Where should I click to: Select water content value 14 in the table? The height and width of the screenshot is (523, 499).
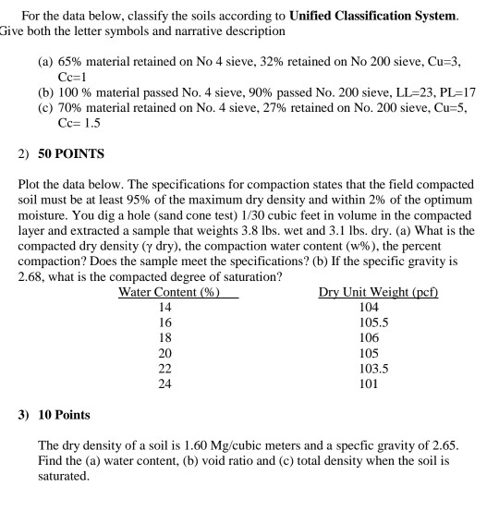coord(165,308)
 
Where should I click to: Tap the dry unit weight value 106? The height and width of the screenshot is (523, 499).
coord(370,337)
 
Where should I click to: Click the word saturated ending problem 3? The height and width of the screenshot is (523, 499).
coord(61,477)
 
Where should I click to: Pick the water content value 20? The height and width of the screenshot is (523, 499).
coord(165,352)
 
